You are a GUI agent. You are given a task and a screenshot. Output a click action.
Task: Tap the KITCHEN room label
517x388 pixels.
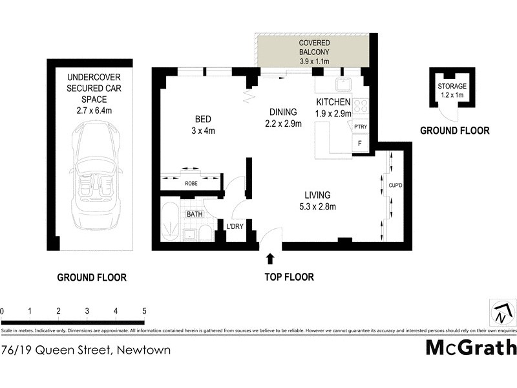[333, 102]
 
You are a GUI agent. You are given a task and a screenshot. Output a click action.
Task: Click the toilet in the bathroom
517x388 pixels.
[204, 233]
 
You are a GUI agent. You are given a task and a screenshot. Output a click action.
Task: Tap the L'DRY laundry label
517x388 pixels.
[234, 226]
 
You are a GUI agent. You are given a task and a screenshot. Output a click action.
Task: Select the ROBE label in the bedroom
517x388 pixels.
[191, 184]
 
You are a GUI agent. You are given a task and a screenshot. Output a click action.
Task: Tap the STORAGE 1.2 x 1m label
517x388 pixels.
[452, 90]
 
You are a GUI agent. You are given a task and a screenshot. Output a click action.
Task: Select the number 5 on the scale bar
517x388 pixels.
[144, 311]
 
